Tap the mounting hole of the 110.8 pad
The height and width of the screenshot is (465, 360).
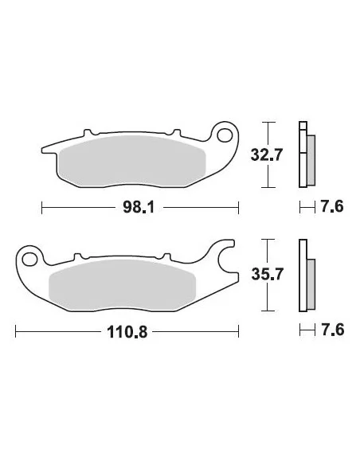coord(31,258)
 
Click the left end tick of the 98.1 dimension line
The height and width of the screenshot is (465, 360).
coord(41,208)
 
